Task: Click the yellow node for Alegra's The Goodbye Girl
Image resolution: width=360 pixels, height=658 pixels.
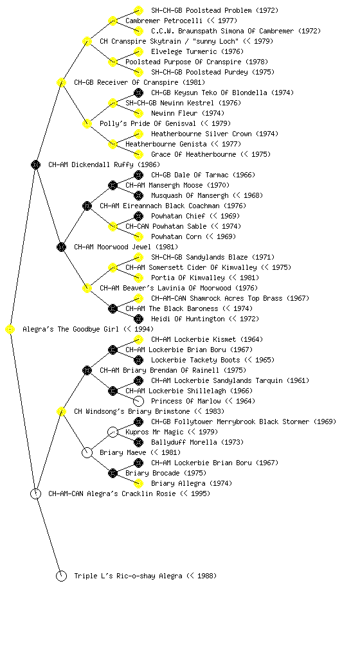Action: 10,330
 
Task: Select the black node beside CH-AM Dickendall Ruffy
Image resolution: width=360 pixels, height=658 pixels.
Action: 35,165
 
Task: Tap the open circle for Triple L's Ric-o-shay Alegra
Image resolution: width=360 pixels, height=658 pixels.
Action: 61,576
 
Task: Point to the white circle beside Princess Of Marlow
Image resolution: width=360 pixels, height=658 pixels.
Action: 138,402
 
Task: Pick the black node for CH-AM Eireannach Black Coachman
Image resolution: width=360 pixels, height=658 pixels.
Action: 87,206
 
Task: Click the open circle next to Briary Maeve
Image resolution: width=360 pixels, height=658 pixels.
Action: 87,453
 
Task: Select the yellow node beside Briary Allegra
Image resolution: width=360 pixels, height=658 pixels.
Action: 138,483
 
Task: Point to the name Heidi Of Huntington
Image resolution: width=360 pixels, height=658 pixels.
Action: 188,319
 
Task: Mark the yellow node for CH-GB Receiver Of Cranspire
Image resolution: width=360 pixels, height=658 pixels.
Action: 61,83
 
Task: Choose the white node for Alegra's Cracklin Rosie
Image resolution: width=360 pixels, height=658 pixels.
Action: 35,494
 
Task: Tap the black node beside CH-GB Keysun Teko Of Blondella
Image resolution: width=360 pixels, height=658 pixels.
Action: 138,93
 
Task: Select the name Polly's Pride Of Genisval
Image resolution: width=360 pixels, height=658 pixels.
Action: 148,124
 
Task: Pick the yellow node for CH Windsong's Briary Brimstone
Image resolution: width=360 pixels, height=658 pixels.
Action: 61,412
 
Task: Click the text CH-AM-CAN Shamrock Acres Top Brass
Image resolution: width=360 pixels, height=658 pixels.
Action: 217,298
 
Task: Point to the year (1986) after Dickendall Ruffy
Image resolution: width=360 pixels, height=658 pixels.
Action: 149,165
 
